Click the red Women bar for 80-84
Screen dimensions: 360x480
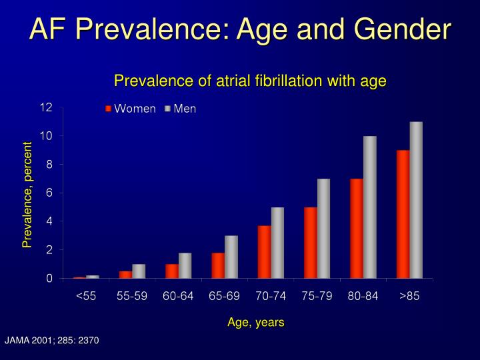pos(357,228)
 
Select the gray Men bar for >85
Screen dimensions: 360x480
pos(416,200)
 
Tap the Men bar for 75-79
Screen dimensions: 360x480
pos(323,228)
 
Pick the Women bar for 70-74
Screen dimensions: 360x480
pos(264,251)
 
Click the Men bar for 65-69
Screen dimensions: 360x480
pos(231,257)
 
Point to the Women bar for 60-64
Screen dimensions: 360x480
pos(172,271)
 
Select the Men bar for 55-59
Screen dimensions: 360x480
pos(139,271)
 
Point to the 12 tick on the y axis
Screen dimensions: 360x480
pos(46,107)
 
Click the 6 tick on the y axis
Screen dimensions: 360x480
pos(49,193)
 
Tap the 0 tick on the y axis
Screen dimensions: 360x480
pos(49,279)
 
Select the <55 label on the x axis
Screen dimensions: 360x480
pos(86,297)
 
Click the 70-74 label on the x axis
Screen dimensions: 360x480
pos(271,297)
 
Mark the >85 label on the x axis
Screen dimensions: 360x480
pos(409,297)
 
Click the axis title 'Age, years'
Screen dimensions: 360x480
pos(256,322)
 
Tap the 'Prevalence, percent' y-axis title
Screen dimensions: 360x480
pos(27,194)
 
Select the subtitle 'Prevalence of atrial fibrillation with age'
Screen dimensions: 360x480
pos(250,81)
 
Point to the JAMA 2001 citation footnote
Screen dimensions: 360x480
pos(52,341)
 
